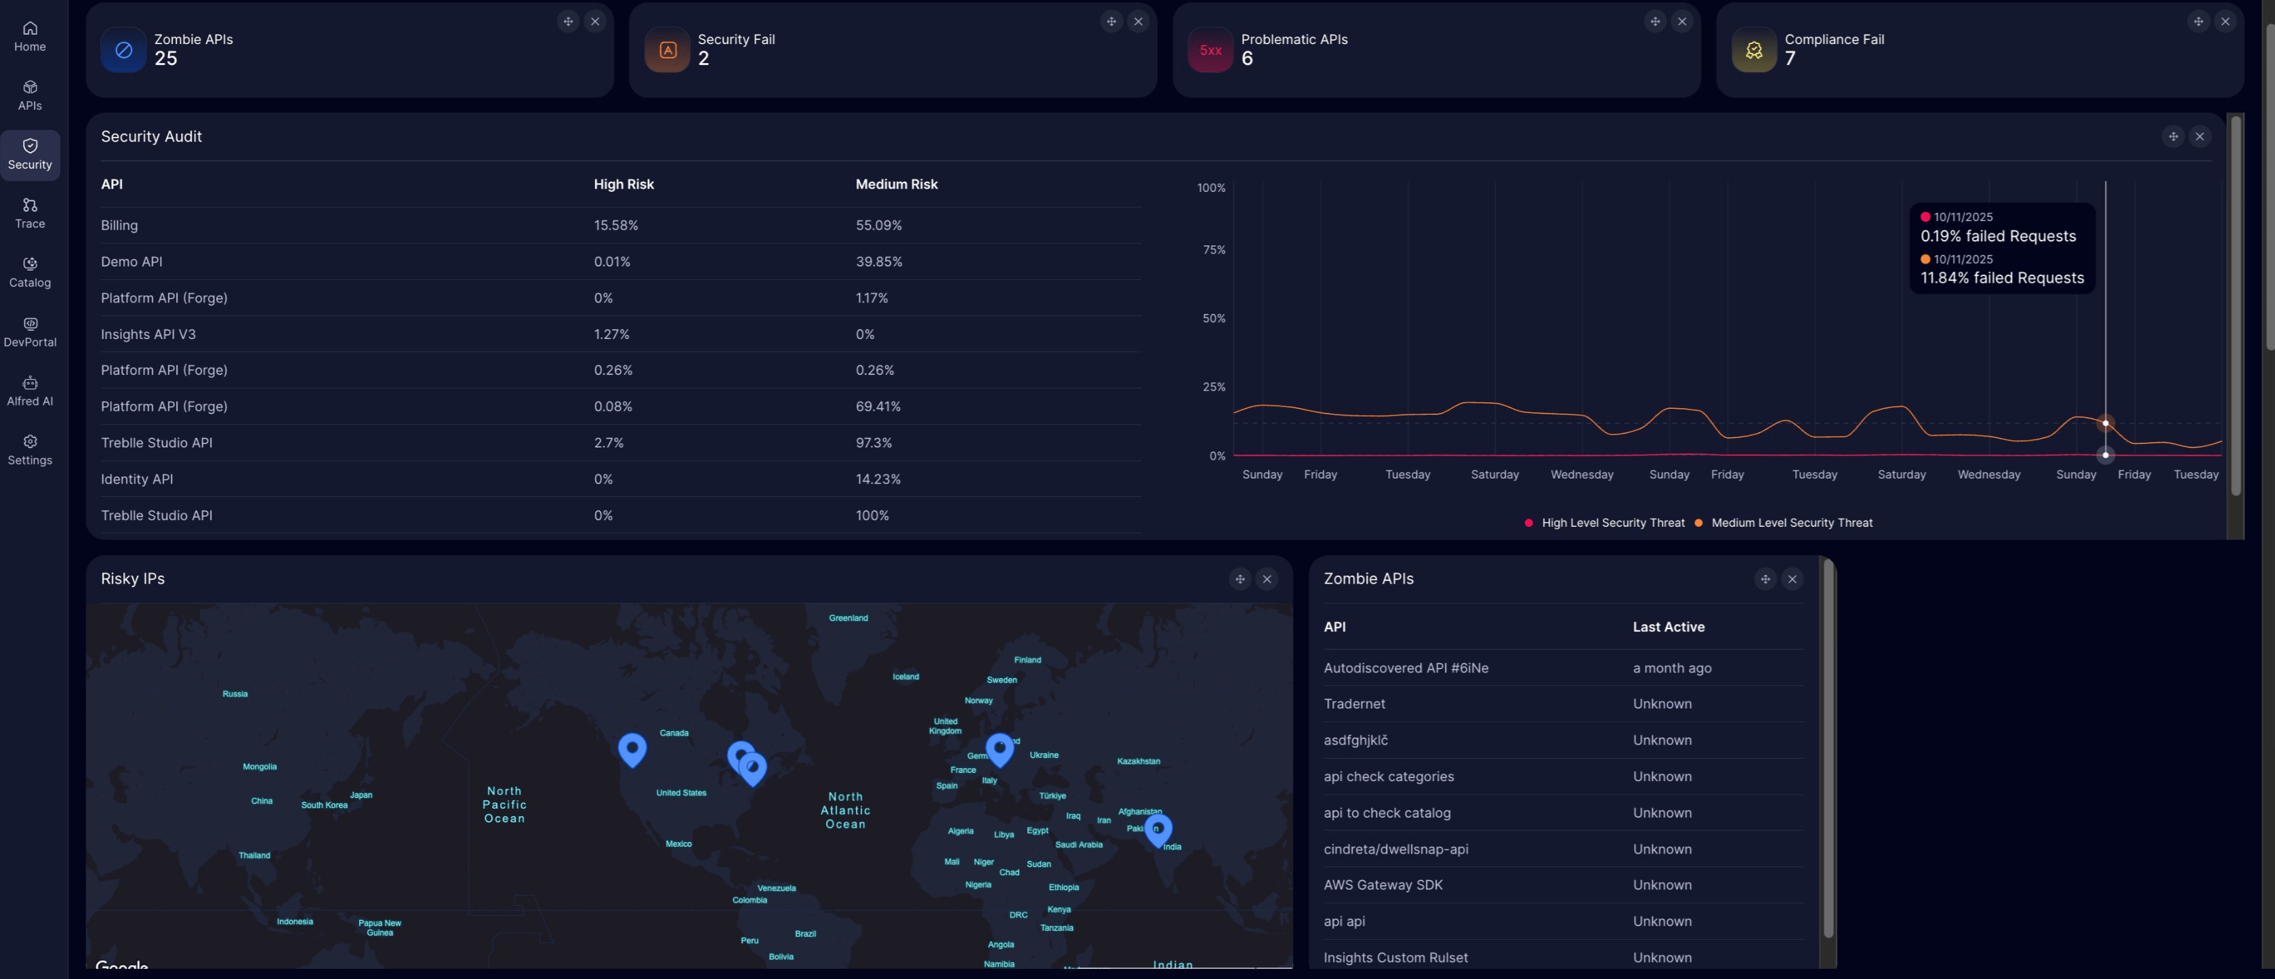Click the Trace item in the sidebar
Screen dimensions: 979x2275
tap(30, 213)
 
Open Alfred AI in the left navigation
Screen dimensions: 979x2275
tap(30, 391)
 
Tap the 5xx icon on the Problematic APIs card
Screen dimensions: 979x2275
tap(1210, 50)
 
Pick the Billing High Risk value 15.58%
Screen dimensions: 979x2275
tap(615, 225)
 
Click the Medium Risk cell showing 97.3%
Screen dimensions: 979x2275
tap(874, 443)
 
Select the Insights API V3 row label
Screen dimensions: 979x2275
tap(148, 334)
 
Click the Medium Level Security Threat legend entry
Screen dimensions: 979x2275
tap(1791, 523)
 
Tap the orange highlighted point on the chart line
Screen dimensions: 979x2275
tap(2106, 423)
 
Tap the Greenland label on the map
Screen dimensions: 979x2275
tap(848, 618)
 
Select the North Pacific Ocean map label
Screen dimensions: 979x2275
tap(504, 804)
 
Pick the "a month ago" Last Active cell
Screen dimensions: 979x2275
tap(1671, 668)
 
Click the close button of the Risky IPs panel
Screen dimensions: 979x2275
tap(1267, 580)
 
